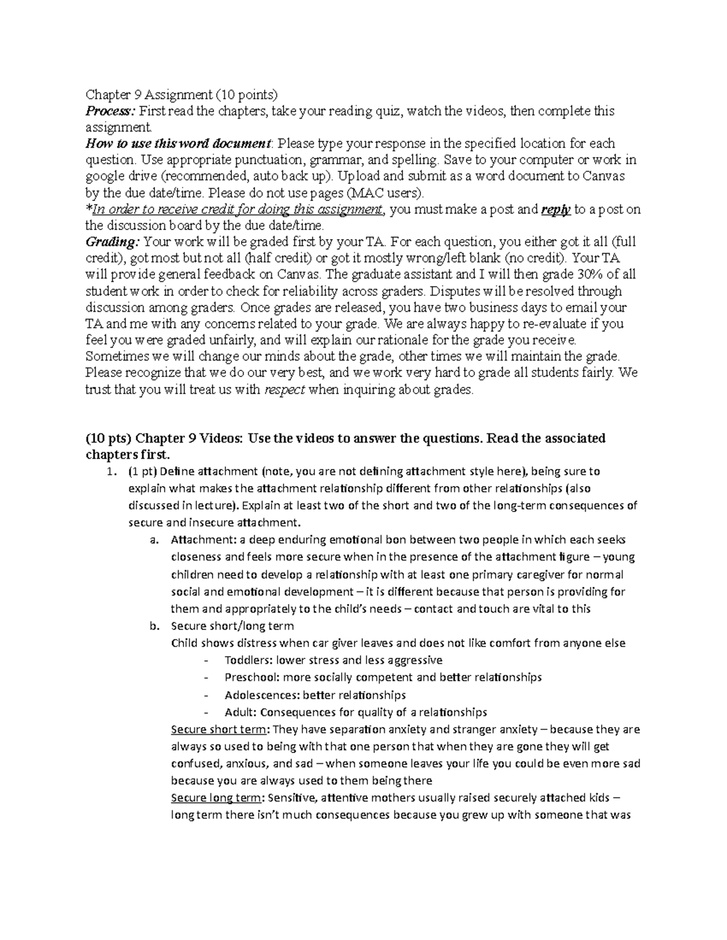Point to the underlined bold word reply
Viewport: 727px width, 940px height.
pyautogui.click(x=556, y=209)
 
